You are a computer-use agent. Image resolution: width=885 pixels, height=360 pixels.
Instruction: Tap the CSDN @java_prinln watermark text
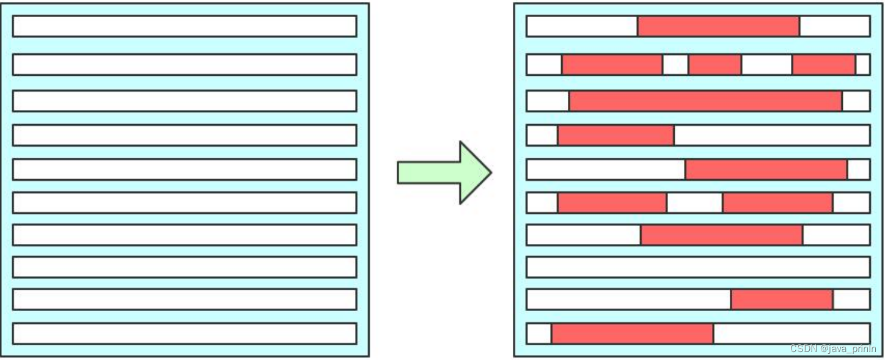(833, 349)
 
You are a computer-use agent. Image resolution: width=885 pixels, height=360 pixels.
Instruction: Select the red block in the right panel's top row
(718, 26)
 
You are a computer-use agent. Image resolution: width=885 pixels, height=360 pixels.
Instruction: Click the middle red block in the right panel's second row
(714, 64)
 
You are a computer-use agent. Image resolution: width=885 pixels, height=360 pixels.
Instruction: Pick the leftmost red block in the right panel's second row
(612, 64)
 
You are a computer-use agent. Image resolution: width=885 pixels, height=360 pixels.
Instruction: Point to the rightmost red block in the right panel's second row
(823, 64)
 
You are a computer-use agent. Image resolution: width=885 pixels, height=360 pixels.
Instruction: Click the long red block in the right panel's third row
(705, 101)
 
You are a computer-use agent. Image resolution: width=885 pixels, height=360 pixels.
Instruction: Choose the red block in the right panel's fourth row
(615, 135)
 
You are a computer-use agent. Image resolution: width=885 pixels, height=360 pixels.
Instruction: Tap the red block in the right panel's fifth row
(766, 169)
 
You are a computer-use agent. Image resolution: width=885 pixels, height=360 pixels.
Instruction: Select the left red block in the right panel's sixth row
(612, 202)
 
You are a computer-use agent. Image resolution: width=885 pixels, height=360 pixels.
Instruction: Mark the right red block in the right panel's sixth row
(777, 202)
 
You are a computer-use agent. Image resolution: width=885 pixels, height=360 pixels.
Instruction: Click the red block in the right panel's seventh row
(721, 235)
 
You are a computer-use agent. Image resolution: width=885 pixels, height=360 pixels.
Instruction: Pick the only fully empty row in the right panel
(698, 267)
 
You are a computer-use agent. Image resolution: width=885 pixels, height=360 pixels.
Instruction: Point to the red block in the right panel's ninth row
(782, 299)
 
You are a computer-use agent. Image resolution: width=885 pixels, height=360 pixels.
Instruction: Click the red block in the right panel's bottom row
(632, 333)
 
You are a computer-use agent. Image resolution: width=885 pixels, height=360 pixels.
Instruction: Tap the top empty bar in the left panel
(184, 26)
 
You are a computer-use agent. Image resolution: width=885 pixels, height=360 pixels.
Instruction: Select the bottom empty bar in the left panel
(184, 333)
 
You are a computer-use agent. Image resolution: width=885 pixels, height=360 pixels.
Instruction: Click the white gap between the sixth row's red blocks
(694, 202)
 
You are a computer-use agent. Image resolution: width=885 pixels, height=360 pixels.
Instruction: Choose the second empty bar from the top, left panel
(184, 64)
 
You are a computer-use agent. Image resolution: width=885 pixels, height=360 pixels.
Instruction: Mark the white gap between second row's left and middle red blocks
(675, 64)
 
